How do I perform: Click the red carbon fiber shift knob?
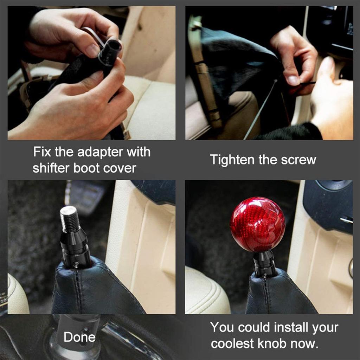(x=257, y=224)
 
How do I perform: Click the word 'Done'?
(x=79, y=337)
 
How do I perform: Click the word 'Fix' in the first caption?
(x=41, y=152)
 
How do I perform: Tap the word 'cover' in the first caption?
(x=120, y=168)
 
